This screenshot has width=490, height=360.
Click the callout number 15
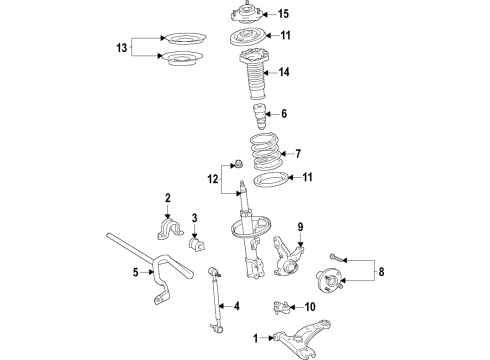pos(283,14)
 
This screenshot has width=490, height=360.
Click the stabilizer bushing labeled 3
pos(196,244)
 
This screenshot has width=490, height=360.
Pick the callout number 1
pos(256,338)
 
